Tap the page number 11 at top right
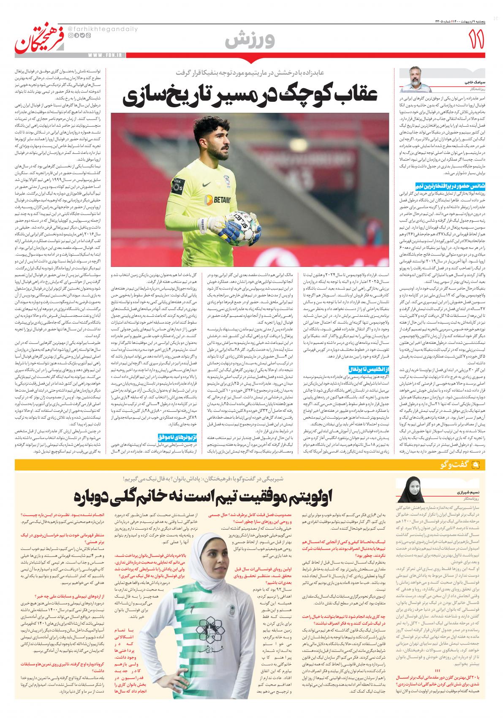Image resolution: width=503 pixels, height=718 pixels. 478,41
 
